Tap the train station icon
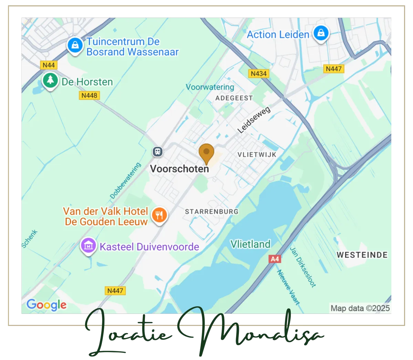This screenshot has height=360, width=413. click(158, 151)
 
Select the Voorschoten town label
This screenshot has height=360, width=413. click(179, 169)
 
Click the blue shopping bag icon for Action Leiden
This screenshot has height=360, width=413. click(321, 33)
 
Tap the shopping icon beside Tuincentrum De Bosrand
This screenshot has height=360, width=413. click(75, 45)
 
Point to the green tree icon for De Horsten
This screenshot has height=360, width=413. click(50, 81)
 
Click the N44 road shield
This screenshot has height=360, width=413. click(49, 65)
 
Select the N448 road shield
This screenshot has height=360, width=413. click(89, 95)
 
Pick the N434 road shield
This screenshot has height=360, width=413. click(258, 74)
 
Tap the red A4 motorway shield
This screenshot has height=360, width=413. click(275, 259)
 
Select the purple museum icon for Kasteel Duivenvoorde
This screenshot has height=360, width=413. click(88, 246)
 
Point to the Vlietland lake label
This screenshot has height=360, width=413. click(250, 244)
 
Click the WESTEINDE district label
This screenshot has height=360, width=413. click(362, 255)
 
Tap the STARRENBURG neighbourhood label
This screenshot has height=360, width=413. click(212, 211)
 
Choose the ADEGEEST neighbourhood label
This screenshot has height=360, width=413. click(234, 98)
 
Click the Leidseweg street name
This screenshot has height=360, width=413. click(254, 120)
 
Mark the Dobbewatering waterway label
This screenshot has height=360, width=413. click(126, 181)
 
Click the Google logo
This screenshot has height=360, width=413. click(46, 305)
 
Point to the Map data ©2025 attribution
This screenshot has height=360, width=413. click(360, 308)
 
